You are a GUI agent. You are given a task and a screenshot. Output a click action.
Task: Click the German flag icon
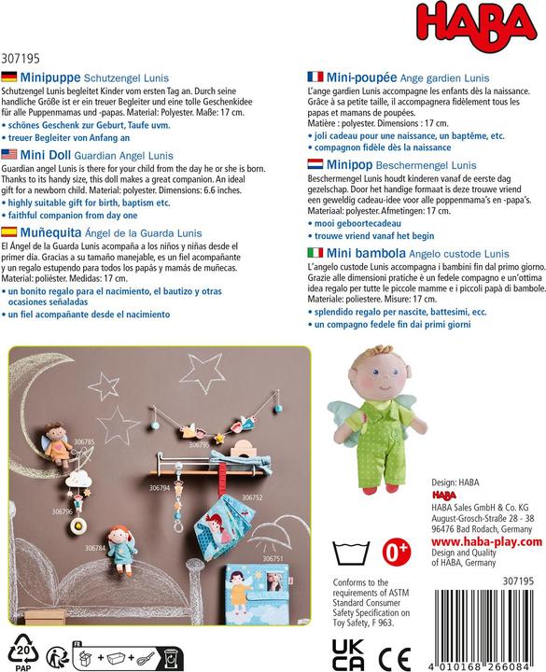point(9,77)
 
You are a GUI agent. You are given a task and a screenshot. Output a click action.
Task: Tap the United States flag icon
point(9,154)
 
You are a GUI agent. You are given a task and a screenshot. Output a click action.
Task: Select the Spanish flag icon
point(9,231)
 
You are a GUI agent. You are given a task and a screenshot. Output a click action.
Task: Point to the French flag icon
point(315,77)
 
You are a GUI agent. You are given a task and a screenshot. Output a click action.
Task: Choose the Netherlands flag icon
point(315,164)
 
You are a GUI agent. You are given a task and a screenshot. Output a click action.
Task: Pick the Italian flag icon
point(315,252)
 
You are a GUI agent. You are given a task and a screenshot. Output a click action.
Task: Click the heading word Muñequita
point(50,232)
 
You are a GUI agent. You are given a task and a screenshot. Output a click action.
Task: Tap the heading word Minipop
point(349,165)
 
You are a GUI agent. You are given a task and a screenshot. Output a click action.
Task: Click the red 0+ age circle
point(396,552)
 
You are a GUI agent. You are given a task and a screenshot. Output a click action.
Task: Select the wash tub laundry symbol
point(351,553)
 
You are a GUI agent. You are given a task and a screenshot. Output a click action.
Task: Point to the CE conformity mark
point(394,657)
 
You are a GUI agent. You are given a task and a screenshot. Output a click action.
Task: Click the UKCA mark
point(348,654)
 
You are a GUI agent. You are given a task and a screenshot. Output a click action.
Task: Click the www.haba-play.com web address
point(486,541)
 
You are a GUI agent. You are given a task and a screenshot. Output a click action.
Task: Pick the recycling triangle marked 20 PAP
point(22,651)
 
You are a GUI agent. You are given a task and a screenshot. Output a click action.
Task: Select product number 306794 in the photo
point(160,488)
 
